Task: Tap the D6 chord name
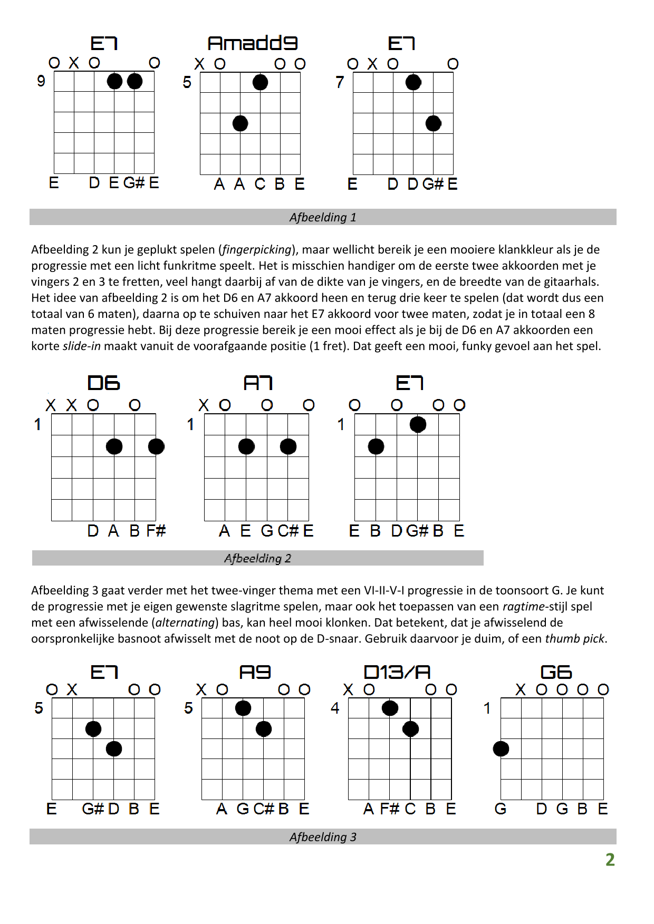(x=103, y=383)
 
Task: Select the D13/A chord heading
(x=397, y=672)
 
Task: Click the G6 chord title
(x=556, y=672)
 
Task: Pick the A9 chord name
(x=255, y=672)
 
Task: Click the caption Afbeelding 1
(x=323, y=217)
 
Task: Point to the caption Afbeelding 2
(x=257, y=558)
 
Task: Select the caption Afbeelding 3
(x=323, y=837)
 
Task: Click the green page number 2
(x=610, y=860)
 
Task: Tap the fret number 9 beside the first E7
(x=41, y=81)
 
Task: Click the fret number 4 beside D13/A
(x=335, y=708)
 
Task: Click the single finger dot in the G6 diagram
(x=501, y=748)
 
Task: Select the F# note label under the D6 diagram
(x=156, y=531)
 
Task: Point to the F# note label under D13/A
(x=389, y=809)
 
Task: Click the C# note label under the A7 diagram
(x=288, y=531)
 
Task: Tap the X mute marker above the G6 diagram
(x=521, y=689)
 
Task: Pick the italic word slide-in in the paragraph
(x=81, y=346)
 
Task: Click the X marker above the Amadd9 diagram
(x=199, y=64)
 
